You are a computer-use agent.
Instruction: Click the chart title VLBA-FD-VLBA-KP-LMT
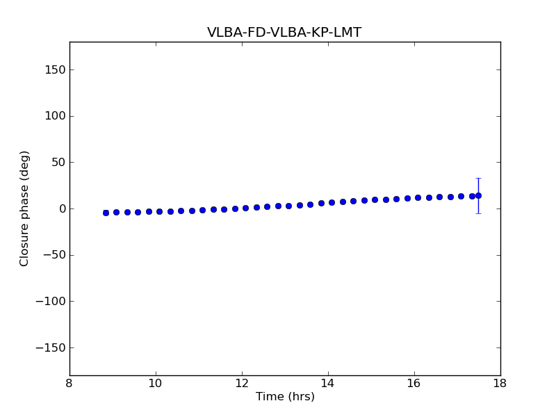[x=284, y=33]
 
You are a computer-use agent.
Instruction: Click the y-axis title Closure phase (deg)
[x=25, y=208]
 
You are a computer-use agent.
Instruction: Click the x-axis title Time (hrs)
[x=285, y=397]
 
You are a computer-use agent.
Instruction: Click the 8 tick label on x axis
[x=69, y=384]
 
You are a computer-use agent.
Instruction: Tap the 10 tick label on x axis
[x=156, y=384]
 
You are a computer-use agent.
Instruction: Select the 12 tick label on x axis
[x=242, y=384]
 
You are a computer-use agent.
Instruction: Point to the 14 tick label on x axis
[x=328, y=384]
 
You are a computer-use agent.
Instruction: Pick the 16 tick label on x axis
[x=414, y=384]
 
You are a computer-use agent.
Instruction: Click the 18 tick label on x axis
[x=500, y=384]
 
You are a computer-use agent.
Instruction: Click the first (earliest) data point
[x=106, y=213]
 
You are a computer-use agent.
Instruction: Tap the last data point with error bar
[x=478, y=195]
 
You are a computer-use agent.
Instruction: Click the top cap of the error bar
[x=478, y=179]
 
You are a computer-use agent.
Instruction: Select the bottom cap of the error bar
[x=478, y=213]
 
